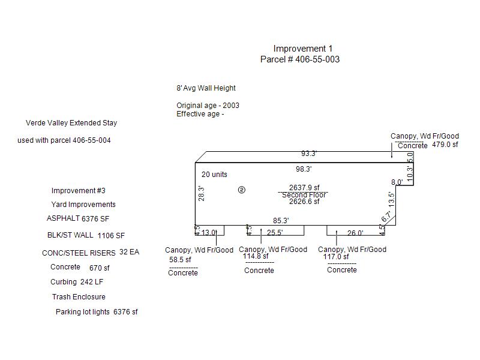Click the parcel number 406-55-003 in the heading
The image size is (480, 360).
(317, 59)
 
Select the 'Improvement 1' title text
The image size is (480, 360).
(303, 49)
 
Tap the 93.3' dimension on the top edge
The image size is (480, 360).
(309, 154)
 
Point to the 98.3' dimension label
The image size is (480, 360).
(304, 169)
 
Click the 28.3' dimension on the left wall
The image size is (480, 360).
(201, 193)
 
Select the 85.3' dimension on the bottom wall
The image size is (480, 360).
(281, 221)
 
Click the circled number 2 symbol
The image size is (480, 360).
(242, 190)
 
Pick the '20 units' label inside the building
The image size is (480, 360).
(214, 175)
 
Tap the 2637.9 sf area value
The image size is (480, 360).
(304, 187)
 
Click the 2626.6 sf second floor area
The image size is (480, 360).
(304, 202)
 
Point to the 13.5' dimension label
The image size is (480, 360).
(392, 199)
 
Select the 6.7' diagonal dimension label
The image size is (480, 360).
(386, 217)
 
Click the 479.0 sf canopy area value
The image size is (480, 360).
(445, 145)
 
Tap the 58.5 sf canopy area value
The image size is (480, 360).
(180, 260)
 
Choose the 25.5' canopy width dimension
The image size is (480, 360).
(275, 233)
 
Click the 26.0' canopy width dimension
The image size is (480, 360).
(355, 233)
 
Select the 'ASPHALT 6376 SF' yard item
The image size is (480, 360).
(78, 218)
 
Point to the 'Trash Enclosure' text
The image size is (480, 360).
(79, 297)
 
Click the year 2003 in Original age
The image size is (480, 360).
(231, 106)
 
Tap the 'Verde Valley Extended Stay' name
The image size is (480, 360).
(71, 123)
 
